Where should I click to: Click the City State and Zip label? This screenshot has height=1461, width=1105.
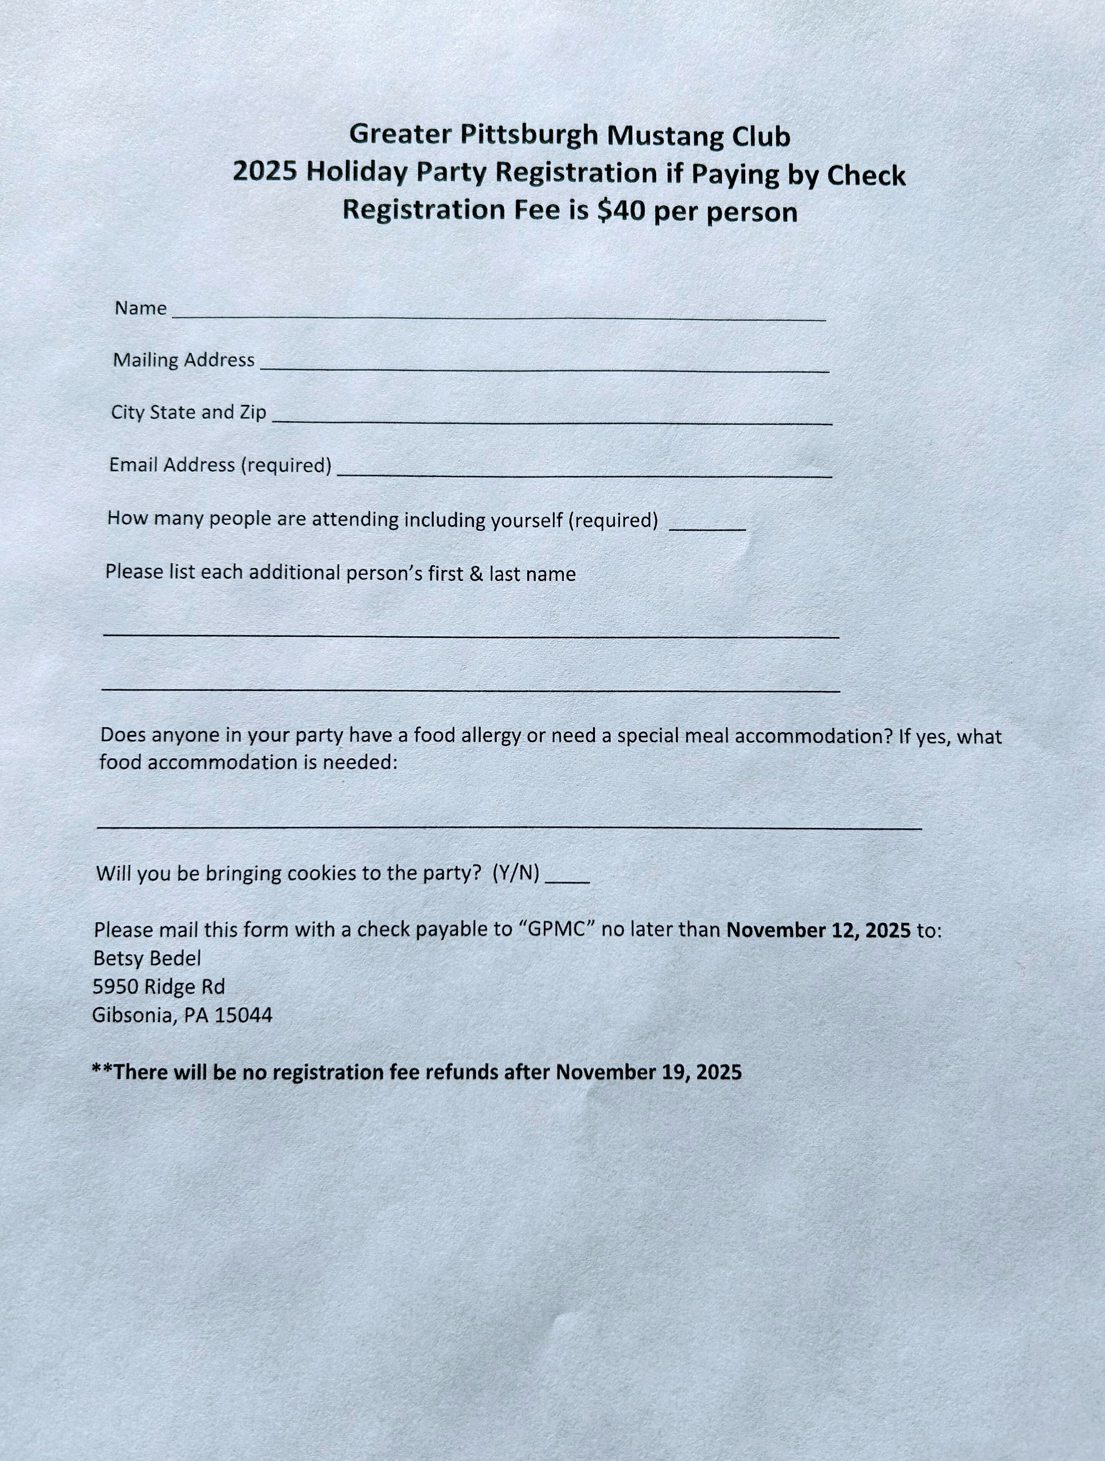pos(188,412)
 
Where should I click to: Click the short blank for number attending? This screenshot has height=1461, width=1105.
pos(707,528)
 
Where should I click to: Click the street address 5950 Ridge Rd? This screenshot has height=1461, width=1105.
pos(158,987)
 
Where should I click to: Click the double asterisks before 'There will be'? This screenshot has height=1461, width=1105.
pos(102,1069)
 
